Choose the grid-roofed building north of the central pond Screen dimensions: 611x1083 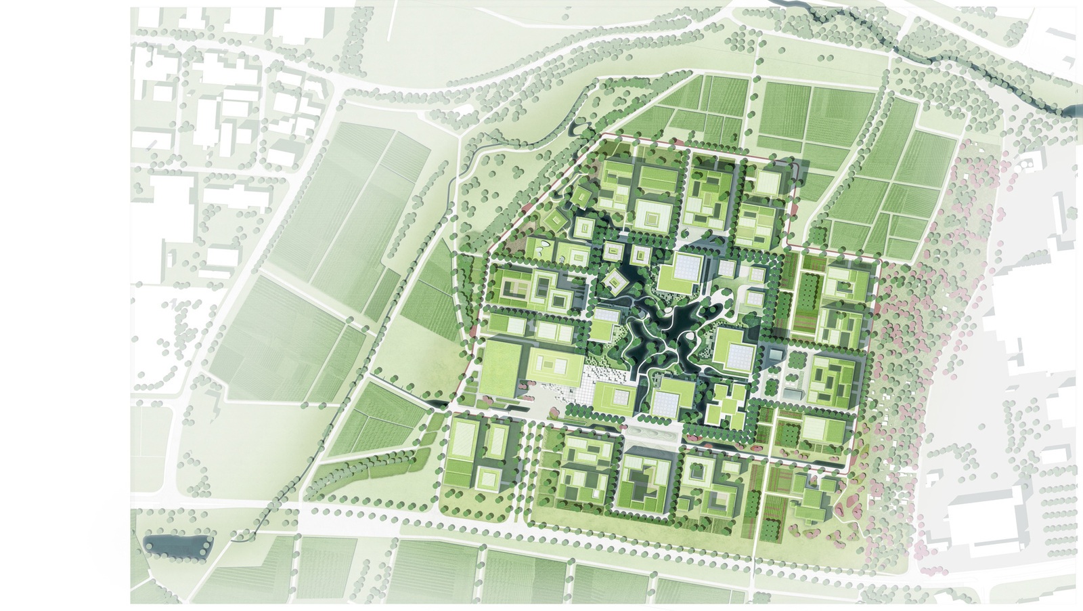pyautogui.click(x=682, y=274)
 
